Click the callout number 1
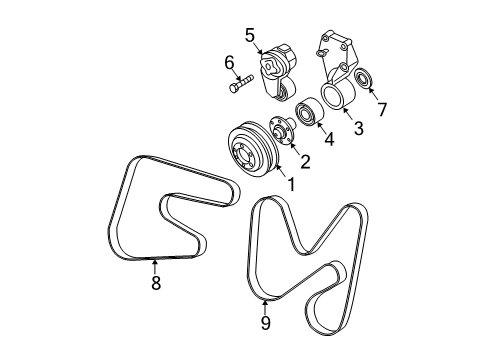click(x=290, y=185)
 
